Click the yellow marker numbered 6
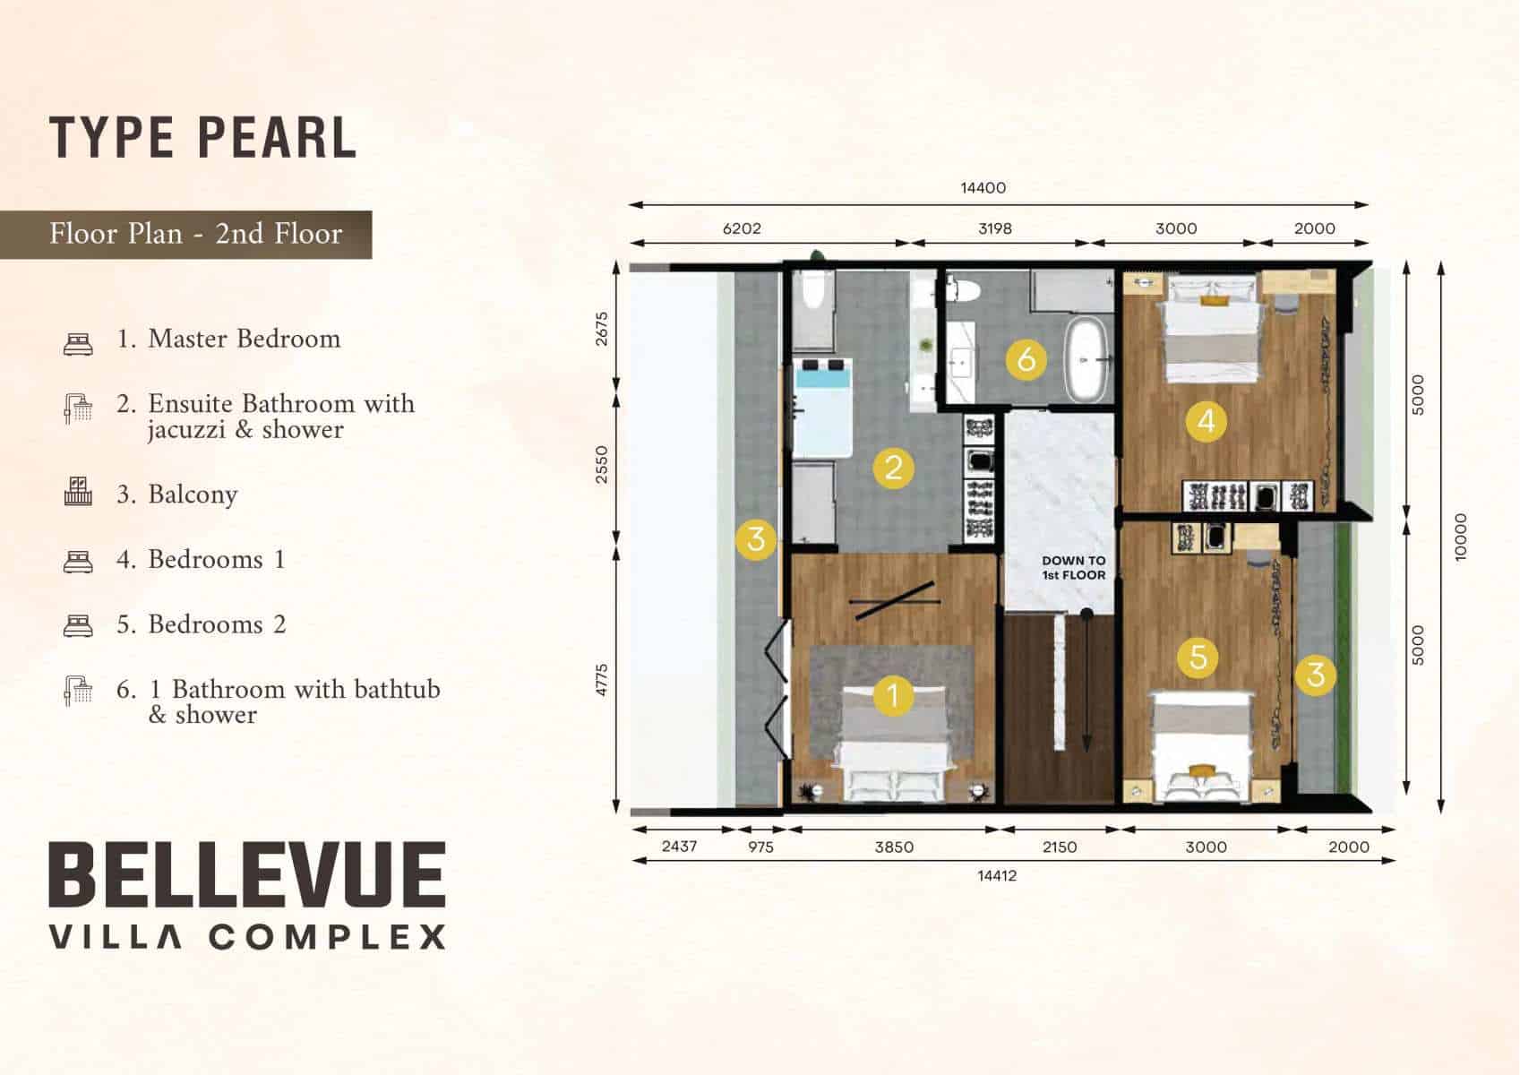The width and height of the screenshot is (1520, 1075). pyautogui.click(x=1026, y=359)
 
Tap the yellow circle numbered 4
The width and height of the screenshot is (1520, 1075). pyautogui.click(x=1207, y=421)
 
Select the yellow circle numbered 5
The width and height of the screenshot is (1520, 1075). pyautogui.click(x=1198, y=657)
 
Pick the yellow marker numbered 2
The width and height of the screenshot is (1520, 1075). pyautogui.click(x=894, y=468)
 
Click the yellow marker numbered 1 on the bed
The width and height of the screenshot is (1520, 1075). pyautogui.click(x=893, y=695)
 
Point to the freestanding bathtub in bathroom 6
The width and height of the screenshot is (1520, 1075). pyautogui.click(x=1087, y=359)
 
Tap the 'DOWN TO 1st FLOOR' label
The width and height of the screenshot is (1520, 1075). pyautogui.click(x=1074, y=568)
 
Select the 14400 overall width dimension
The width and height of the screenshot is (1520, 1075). pyautogui.click(x=983, y=188)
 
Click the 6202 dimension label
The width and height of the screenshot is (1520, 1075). pyautogui.click(x=742, y=228)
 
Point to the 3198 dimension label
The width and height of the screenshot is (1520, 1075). pyautogui.click(x=995, y=228)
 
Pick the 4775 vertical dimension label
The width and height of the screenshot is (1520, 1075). pyautogui.click(x=602, y=680)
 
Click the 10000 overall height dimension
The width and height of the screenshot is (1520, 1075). pyautogui.click(x=1461, y=537)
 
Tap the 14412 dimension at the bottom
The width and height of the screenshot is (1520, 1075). pyautogui.click(x=997, y=875)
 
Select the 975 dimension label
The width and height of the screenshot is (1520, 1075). pyautogui.click(x=760, y=847)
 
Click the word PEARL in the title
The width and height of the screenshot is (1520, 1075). pyautogui.click(x=278, y=138)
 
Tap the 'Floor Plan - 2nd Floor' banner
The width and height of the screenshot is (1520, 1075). pyautogui.click(x=186, y=234)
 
